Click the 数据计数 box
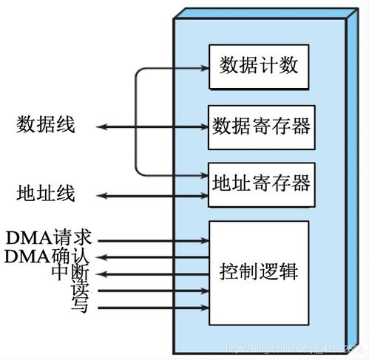[259, 66]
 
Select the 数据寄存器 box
[259, 123]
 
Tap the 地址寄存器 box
[259, 181]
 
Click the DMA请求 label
[49, 240]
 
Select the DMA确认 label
[49, 257]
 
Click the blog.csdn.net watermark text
[292, 346]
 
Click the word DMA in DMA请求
[27, 240]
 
